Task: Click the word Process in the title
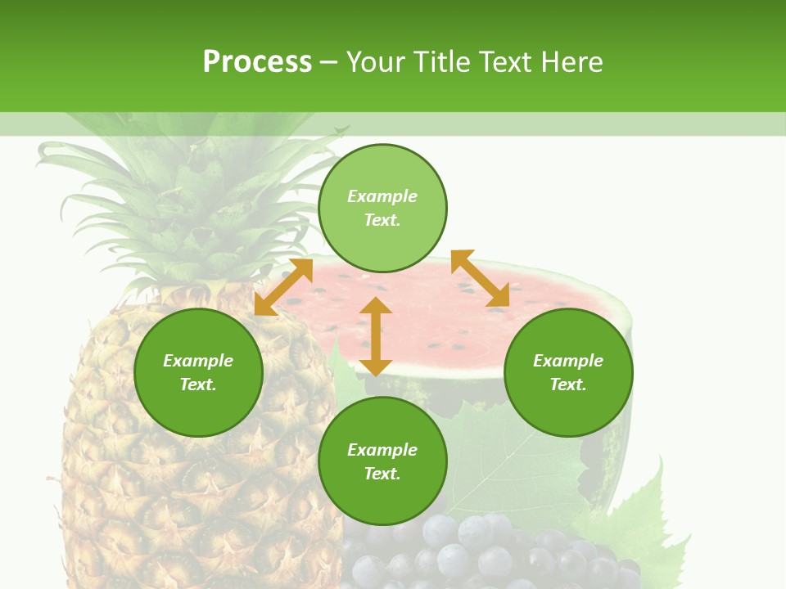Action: pos(257,62)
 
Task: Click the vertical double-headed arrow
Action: pos(376,336)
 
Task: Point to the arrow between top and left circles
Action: pos(283,286)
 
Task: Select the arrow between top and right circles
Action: pos(480,278)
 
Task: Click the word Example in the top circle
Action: pos(382,196)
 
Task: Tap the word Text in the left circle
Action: pos(198,384)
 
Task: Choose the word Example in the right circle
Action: pos(568,361)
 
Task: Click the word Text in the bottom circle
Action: pos(382,474)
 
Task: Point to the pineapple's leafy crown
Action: pos(188,205)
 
